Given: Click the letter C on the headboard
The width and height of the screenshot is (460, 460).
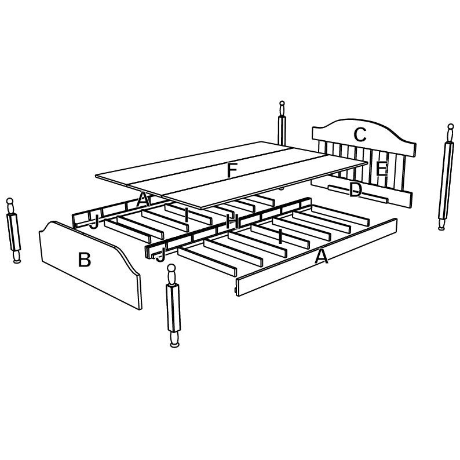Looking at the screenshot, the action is pyautogui.click(x=360, y=134).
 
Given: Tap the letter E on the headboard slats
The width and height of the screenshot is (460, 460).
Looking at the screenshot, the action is pyautogui.click(x=382, y=169).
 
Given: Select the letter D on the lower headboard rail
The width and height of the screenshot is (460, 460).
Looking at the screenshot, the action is pyautogui.click(x=356, y=190).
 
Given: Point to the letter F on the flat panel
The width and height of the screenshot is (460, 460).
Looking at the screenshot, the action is pyautogui.click(x=232, y=170).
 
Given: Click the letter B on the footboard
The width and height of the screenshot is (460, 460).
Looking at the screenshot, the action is pyautogui.click(x=84, y=260).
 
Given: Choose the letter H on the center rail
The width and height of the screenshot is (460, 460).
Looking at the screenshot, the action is pyautogui.click(x=232, y=221).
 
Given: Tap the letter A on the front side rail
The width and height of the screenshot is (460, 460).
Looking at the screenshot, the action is pyautogui.click(x=321, y=256).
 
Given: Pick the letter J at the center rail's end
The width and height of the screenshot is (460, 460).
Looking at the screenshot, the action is pyautogui.click(x=160, y=255).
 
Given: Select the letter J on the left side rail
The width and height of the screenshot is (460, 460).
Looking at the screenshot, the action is pyautogui.click(x=94, y=221).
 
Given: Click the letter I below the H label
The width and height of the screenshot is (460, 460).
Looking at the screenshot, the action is pyautogui.click(x=280, y=237).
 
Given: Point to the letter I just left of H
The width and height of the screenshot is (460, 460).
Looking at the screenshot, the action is pyautogui.click(x=187, y=215).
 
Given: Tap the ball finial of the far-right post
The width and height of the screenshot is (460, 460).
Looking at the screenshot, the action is pyautogui.click(x=451, y=127).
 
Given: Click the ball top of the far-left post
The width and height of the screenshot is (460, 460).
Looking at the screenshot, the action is pyautogui.click(x=10, y=201).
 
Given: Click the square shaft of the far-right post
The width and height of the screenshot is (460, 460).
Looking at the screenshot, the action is pyautogui.click(x=446, y=180).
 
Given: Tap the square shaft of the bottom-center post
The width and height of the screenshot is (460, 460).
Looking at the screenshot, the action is pyautogui.click(x=173, y=308).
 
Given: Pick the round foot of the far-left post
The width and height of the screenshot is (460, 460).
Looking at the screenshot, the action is pyautogui.click(x=17, y=257).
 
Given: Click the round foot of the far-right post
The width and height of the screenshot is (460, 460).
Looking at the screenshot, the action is pyautogui.click(x=441, y=224).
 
